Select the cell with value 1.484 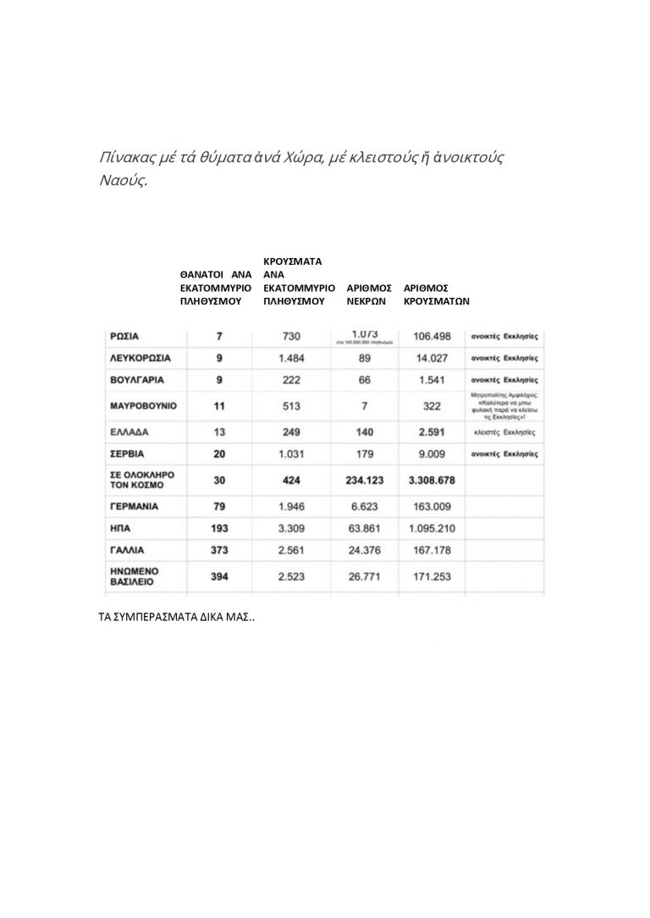[x=293, y=358]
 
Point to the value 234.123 [x=365, y=480]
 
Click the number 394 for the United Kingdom [x=220, y=577]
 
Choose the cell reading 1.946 [x=293, y=508]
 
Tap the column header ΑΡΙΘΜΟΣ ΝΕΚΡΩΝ [x=369, y=294]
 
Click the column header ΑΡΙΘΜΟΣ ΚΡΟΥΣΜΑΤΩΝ [x=437, y=294]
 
